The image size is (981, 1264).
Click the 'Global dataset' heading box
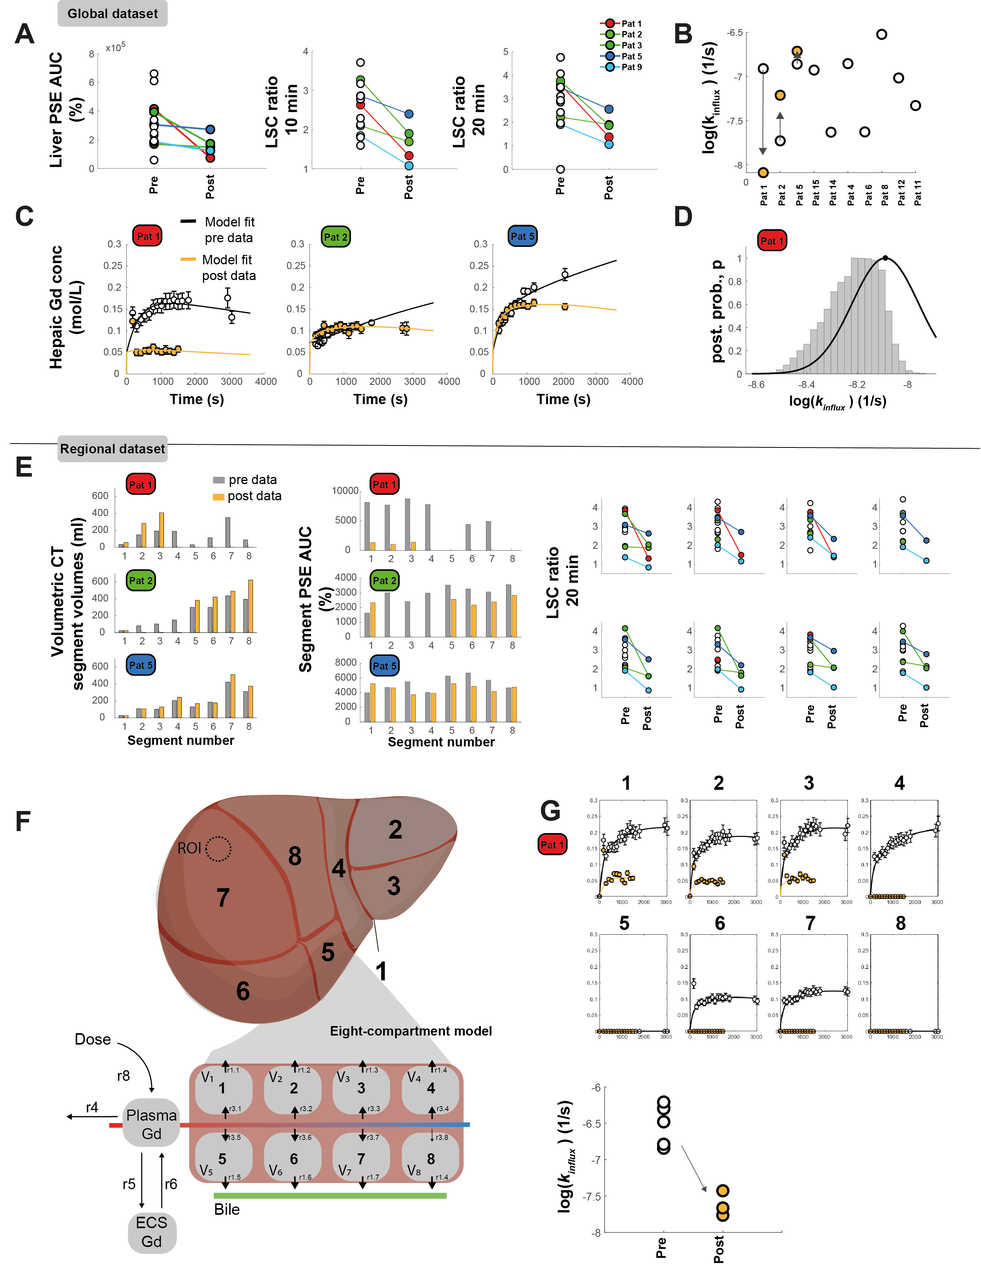(x=112, y=13)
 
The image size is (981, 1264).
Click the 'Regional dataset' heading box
(x=112, y=449)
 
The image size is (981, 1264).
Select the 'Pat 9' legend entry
(x=631, y=67)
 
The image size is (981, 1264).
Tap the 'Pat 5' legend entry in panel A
(x=631, y=56)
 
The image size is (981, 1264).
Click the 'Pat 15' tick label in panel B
(x=815, y=192)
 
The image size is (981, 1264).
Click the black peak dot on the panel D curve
(x=885, y=258)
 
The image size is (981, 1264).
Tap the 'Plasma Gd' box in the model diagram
(x=151, y=1124)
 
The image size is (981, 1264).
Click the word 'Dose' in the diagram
(x=93, y=1039)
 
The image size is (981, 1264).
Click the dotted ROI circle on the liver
(x=219, y=849)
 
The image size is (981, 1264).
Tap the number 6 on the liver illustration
(x=243, y=991)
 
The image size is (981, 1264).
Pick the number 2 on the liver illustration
(x=395, y=830)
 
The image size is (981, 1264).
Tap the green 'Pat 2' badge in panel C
(x=335, y=237)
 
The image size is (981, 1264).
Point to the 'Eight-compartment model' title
(x=411, y=1031)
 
